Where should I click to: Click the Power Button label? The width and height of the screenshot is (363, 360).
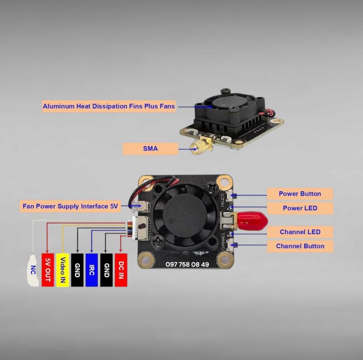tap(300, 194)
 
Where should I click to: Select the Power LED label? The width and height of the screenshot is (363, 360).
tap(300, 208)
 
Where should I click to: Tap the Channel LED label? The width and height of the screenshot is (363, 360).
tap(300, 232)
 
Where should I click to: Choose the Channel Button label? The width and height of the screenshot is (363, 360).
tap(300, 246)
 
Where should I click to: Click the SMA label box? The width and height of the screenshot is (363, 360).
tap(150, 149)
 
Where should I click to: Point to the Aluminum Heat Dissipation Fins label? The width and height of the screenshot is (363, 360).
tap(108, 106)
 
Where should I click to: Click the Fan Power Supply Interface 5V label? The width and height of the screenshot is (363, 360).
tap(70, 206)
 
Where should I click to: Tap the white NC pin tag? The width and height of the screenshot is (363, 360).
tap(33, 269)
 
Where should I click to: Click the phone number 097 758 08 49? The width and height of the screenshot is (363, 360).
tap(187, 264)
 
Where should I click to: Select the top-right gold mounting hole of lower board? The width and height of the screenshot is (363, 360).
tap(224, 182)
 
